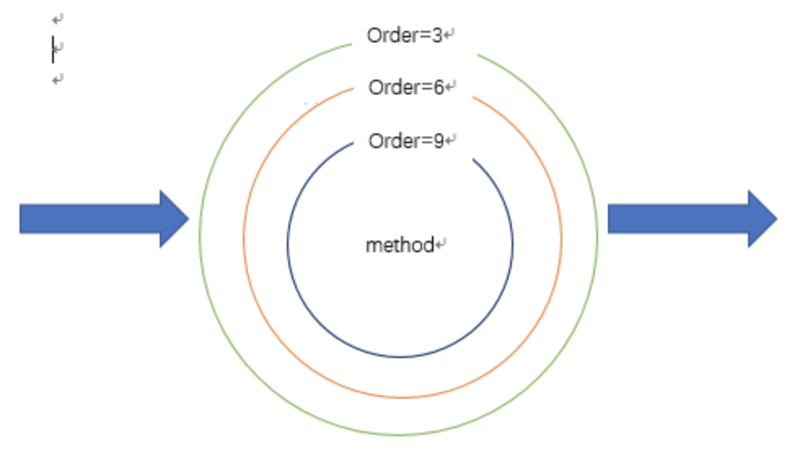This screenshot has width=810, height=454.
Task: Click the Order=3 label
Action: tap(404, 36)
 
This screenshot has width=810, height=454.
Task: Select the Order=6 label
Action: tap(406, 87)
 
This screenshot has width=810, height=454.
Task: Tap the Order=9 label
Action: tap(406, 141)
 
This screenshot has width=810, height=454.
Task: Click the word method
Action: tap(399, 245)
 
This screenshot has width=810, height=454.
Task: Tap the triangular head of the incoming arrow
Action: tap(173, 219)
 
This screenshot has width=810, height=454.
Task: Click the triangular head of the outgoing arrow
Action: tap(761, 219)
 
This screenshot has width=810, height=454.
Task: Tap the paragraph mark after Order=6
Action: tap(451, 88)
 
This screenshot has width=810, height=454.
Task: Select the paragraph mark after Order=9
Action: tap(451, 142)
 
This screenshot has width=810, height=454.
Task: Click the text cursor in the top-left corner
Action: tap(53, 49)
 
